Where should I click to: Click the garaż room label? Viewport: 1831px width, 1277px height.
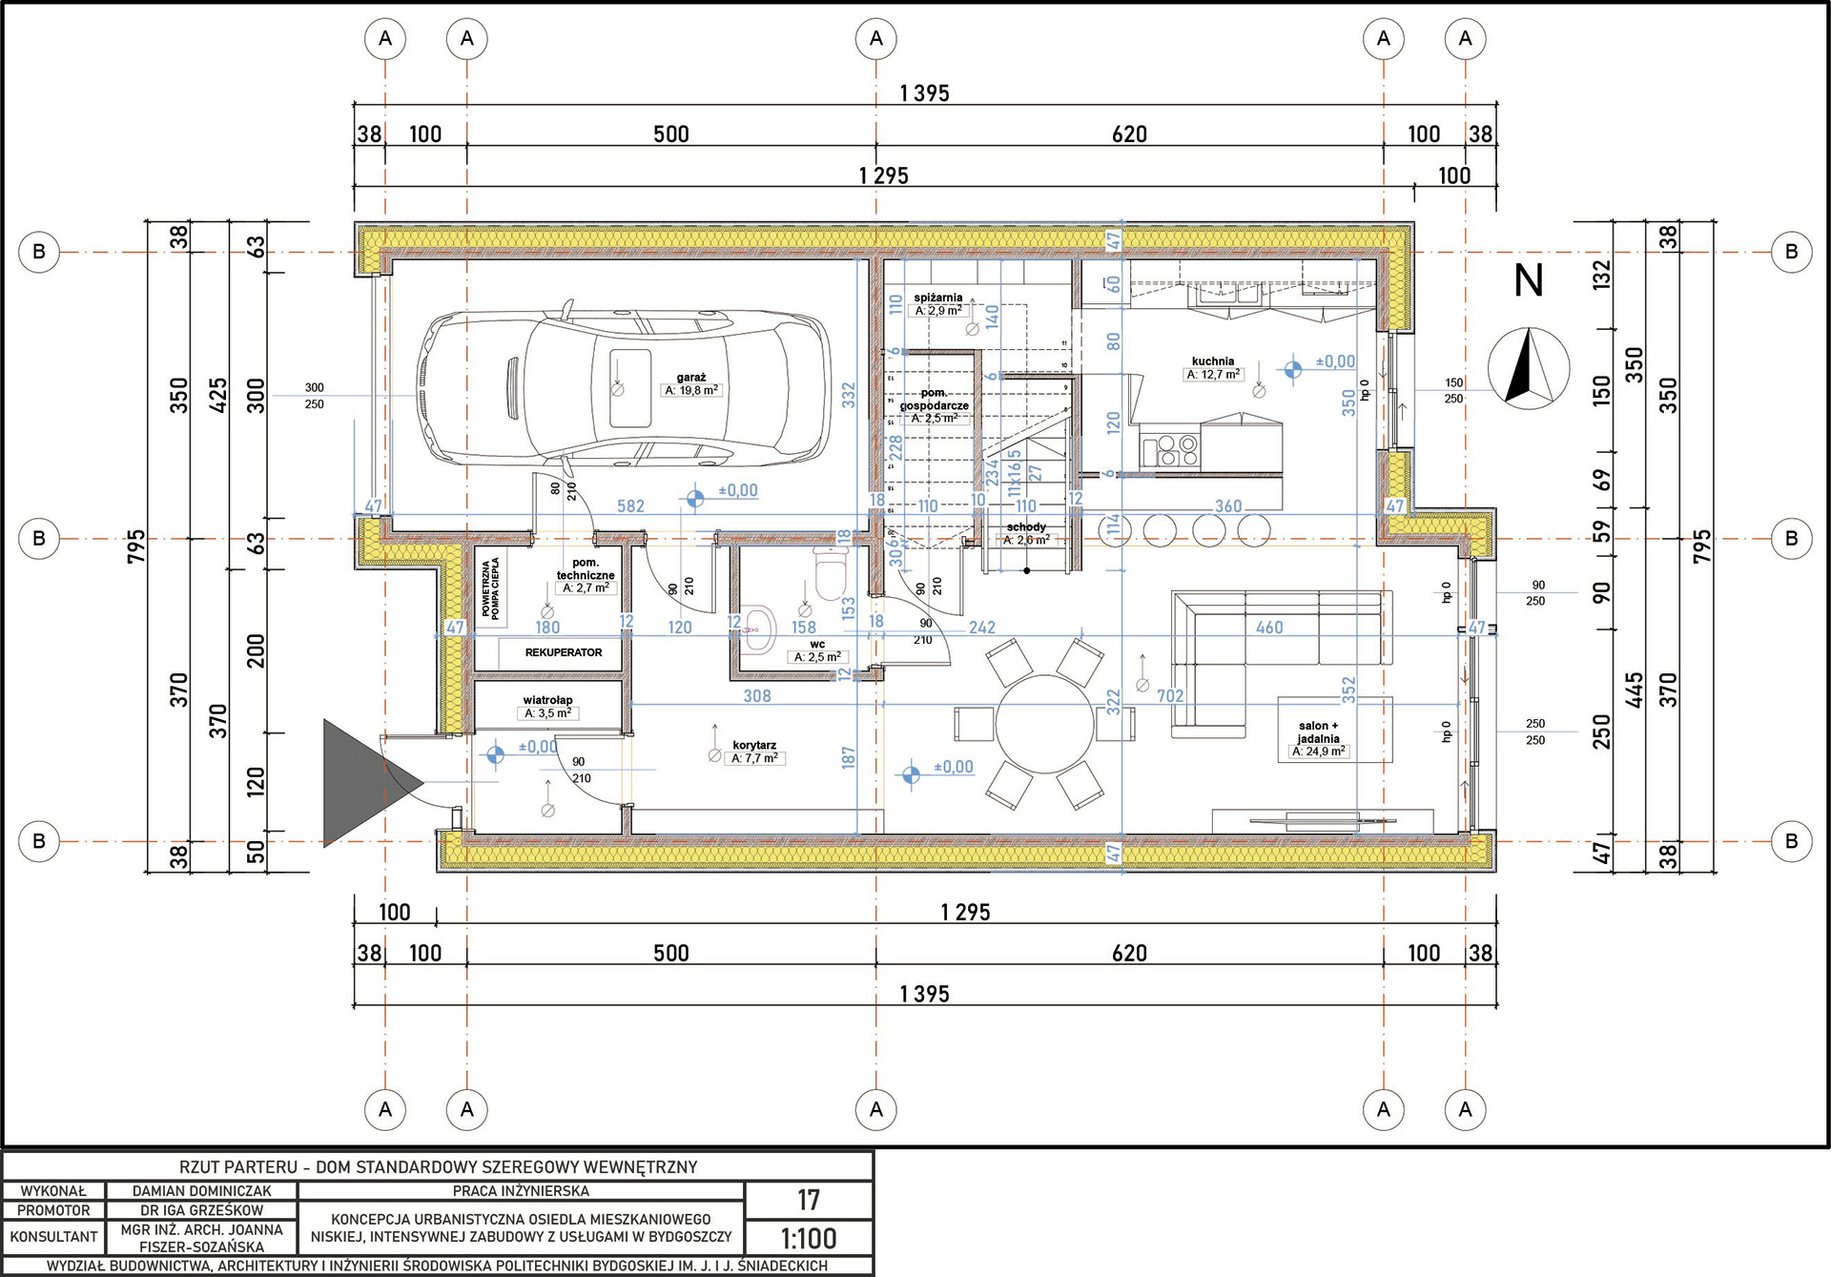click(x=691, y=378)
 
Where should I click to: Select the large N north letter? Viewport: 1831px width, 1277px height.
click(x=1529, y=280)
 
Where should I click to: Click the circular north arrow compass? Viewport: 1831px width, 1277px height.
click(x=1529, y=368)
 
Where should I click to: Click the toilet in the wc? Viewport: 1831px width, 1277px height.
click(x=831, y=573)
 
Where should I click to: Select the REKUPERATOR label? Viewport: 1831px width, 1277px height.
click(x=563, y=652)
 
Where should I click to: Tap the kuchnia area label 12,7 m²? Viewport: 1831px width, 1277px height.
click(x=1213, y=375)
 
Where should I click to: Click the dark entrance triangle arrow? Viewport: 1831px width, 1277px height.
click(x=362, y=783)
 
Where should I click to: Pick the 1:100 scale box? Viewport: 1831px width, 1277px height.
click(x=809, y=1238)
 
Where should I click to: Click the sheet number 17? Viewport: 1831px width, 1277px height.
click(x=809, y=1200)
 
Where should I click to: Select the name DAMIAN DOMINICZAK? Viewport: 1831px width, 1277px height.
click(x=201, y=1191)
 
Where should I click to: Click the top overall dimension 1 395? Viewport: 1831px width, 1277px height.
click(x=924, y=93)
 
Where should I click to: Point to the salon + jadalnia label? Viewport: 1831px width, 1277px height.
click(x=1318, y=731)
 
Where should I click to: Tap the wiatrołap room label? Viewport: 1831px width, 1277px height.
click(x=547, y=700)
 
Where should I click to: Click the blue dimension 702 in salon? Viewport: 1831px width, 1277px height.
click(x=1170, y=696)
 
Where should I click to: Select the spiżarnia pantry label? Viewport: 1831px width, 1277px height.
click(x=937, y=298)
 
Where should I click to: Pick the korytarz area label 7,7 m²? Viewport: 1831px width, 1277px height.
click(x=755, y=758)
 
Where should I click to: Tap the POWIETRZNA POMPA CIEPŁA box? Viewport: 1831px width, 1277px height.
click(x=490, y=587)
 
